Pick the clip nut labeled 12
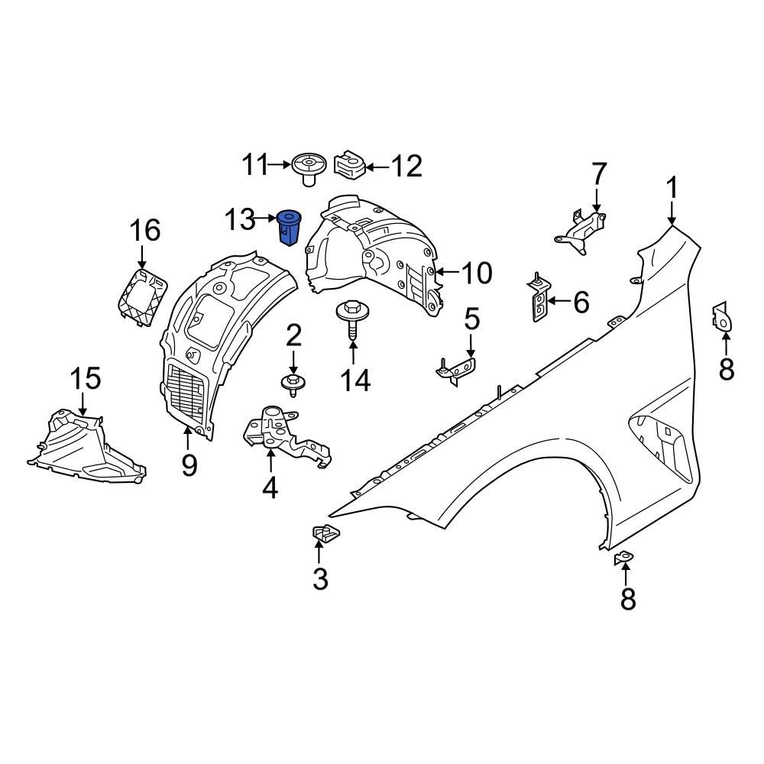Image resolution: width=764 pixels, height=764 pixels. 348,165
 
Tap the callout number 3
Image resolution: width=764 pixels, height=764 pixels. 320,579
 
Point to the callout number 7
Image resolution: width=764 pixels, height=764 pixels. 598,174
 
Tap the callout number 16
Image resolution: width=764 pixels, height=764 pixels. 144,229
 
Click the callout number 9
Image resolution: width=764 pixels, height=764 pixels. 189,464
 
